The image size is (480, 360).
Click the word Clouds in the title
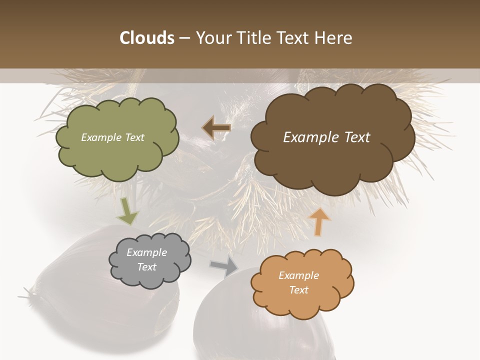click(147, 38)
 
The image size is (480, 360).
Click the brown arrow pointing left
click(216, 128)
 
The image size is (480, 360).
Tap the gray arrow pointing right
click(225, 266)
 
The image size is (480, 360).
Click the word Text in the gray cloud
click(147, 267)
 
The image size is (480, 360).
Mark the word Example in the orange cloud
click(298, 275)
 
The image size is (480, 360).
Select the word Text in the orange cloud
click(299, 290)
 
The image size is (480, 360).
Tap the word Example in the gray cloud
click(147, 252)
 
